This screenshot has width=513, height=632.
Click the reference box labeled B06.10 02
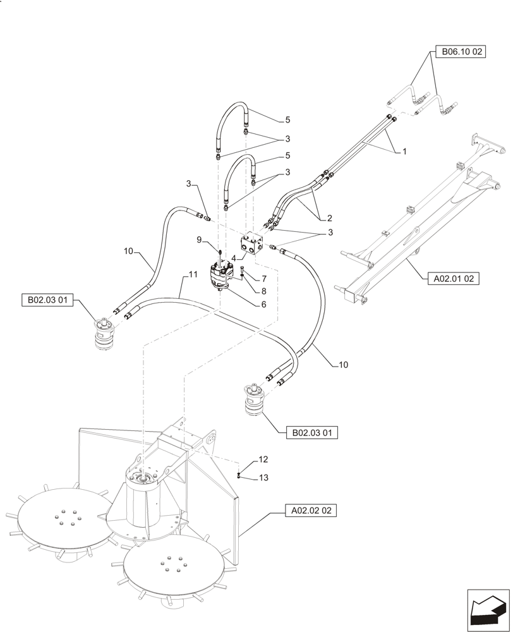point(459,52)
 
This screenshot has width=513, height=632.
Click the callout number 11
point(192,275)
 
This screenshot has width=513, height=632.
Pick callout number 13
point(263,478)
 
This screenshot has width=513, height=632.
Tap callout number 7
point(264,279)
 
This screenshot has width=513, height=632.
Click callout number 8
point(264,291)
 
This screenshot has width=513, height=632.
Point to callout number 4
point(233,258)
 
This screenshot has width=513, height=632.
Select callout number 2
point(329,218)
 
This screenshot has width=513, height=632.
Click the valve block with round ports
point(250,243)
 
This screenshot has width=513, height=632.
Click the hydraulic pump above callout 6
point(224,277)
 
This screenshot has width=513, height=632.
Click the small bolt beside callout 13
point(239,475)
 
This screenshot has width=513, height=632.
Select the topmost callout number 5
point(287,119)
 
